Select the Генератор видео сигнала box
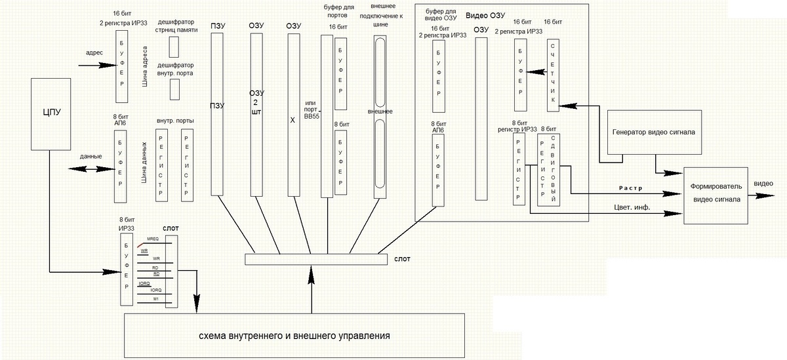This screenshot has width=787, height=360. (653, 132)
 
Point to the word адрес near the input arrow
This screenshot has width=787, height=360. (95, 53)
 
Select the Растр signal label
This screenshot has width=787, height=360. (629, 188)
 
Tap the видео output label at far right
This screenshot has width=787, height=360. (763, 184)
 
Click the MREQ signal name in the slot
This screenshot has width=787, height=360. (153, 239)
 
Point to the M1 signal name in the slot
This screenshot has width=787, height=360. (155, 299)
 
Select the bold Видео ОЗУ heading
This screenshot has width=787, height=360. (485, 15)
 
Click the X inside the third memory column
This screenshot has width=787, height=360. (293, 121)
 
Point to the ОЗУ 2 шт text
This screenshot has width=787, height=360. (256, 102)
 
